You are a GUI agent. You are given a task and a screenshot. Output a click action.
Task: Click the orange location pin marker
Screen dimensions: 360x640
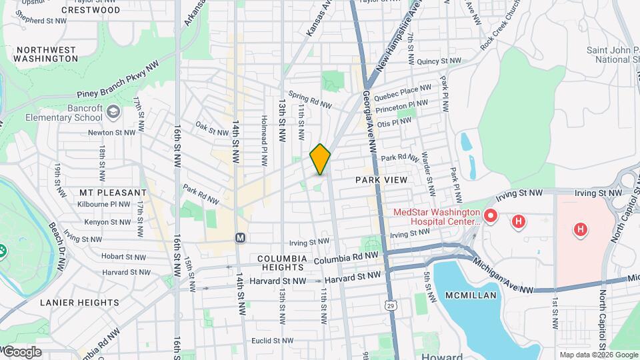[320, 159]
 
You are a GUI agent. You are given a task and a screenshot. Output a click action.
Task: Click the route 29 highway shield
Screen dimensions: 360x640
[389, 304]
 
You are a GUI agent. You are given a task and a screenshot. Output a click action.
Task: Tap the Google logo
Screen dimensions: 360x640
[21, 352]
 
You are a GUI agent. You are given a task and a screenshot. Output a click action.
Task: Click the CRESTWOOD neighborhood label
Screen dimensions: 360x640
[91, 10]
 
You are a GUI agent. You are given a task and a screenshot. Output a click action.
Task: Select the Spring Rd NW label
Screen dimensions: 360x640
[309, 100]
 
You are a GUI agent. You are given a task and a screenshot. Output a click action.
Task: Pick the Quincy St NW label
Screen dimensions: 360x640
[439, 61]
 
